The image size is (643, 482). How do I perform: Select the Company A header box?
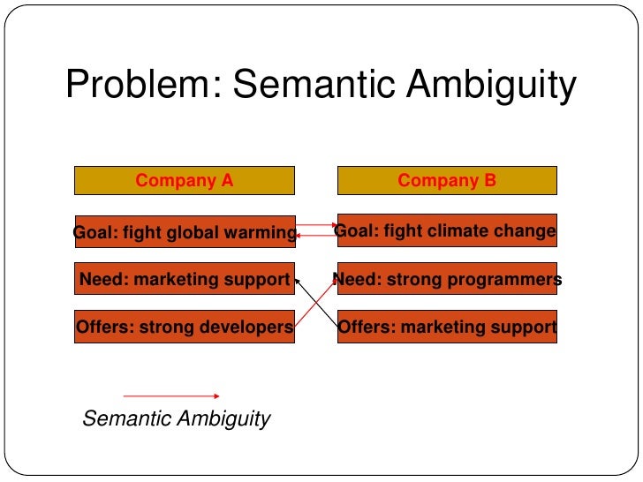click(185, 181)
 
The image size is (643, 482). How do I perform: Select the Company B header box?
click(447, 181)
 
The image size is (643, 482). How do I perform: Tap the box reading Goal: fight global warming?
click(185, 232)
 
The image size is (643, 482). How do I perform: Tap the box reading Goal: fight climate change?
click(447, 231)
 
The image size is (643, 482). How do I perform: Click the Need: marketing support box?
click(185, 280)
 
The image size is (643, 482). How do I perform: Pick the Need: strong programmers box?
click(447, 280)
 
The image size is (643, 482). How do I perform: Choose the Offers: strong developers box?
click(185, 327)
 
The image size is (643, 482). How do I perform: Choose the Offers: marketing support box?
click(447, 327)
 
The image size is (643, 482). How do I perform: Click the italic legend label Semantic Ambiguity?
click(176, 418)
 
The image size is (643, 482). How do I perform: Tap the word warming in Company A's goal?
click(262, 233)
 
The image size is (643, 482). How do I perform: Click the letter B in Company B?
click(490, 181)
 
